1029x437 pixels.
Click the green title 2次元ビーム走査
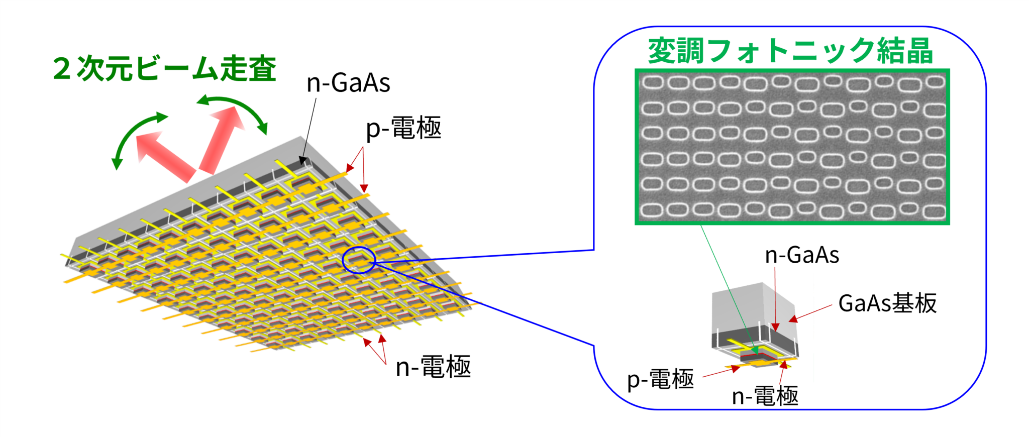tap(165, 69)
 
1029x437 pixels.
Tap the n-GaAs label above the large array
tap(348, 83)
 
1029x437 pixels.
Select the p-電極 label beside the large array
tap(403, 128)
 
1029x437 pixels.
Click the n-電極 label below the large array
tap(433, 367)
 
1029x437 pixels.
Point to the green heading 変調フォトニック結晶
tap(790, 51)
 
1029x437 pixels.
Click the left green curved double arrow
tap(135, 138)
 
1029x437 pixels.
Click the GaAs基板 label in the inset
tap(887, 303)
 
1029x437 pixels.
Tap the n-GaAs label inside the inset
tap(802, 255)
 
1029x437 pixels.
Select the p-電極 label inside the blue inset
tap(660, 379)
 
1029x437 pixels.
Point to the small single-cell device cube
tap(754, 321)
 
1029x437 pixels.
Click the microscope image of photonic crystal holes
tap(792, 147)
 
